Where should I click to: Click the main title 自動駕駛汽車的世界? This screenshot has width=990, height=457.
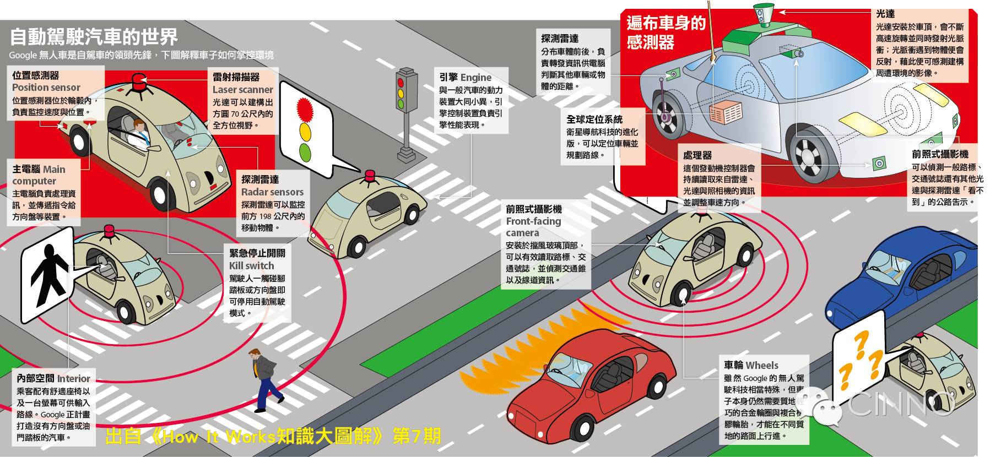(x=94, y=37)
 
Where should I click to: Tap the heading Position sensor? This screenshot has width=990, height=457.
(x=46, y=88)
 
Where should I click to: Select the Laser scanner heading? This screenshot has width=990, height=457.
(x=242, y=90)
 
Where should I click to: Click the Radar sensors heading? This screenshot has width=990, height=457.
(x=272, y=192)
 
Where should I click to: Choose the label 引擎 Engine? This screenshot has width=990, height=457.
(x=465, y=78)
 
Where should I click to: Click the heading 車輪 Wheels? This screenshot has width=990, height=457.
(x=751, y=365)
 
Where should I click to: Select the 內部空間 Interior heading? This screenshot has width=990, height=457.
(x=53, y=379)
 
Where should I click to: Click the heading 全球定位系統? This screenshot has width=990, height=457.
(x=594, y=119)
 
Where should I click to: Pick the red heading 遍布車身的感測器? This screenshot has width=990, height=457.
(x=666, y=32)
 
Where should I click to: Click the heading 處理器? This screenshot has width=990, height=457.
(x=697, y=156)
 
